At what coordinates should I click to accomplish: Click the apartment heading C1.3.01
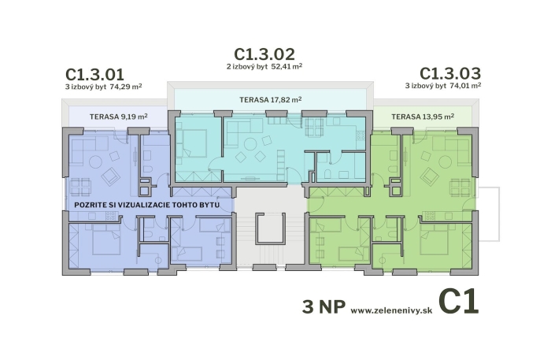(95, 75)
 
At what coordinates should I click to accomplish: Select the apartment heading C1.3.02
(264, 54)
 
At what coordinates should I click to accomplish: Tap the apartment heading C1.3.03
(450, 73)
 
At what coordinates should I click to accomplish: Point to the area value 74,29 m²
(126, 87)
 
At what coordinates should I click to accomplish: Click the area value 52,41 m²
(287, 66)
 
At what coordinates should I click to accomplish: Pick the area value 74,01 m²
(465, 85)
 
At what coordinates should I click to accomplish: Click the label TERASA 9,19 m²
(118, 117)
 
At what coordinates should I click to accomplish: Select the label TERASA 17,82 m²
(271, 100)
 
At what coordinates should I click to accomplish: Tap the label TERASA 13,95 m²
(423, 117)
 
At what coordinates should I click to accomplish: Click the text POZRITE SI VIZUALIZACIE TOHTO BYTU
(147, 205)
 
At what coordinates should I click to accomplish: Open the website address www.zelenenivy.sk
(391, 310)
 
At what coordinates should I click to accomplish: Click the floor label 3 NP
(324, 306)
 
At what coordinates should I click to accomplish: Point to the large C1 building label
(459, 301)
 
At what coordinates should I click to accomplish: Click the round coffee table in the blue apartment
(95, 161)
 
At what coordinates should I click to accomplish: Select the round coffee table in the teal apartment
(250, 144)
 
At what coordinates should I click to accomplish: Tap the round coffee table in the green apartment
(446, 161)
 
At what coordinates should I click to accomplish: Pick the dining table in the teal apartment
(314, 127)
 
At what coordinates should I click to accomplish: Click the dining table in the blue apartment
(81, 187)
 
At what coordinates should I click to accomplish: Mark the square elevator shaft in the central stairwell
(270, 228)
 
